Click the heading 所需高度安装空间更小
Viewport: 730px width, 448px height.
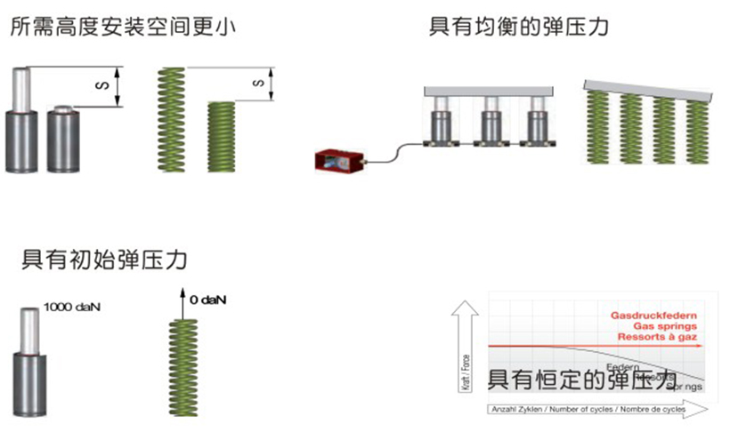click(x=124, y=27)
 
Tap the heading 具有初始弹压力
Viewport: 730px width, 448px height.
click(x=104, y=260)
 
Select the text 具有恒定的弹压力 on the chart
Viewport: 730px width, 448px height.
click(x=578, y=380)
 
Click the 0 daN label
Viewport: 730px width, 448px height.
click(x=207, y=300)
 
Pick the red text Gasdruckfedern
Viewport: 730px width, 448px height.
click(x=653, y=316)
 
